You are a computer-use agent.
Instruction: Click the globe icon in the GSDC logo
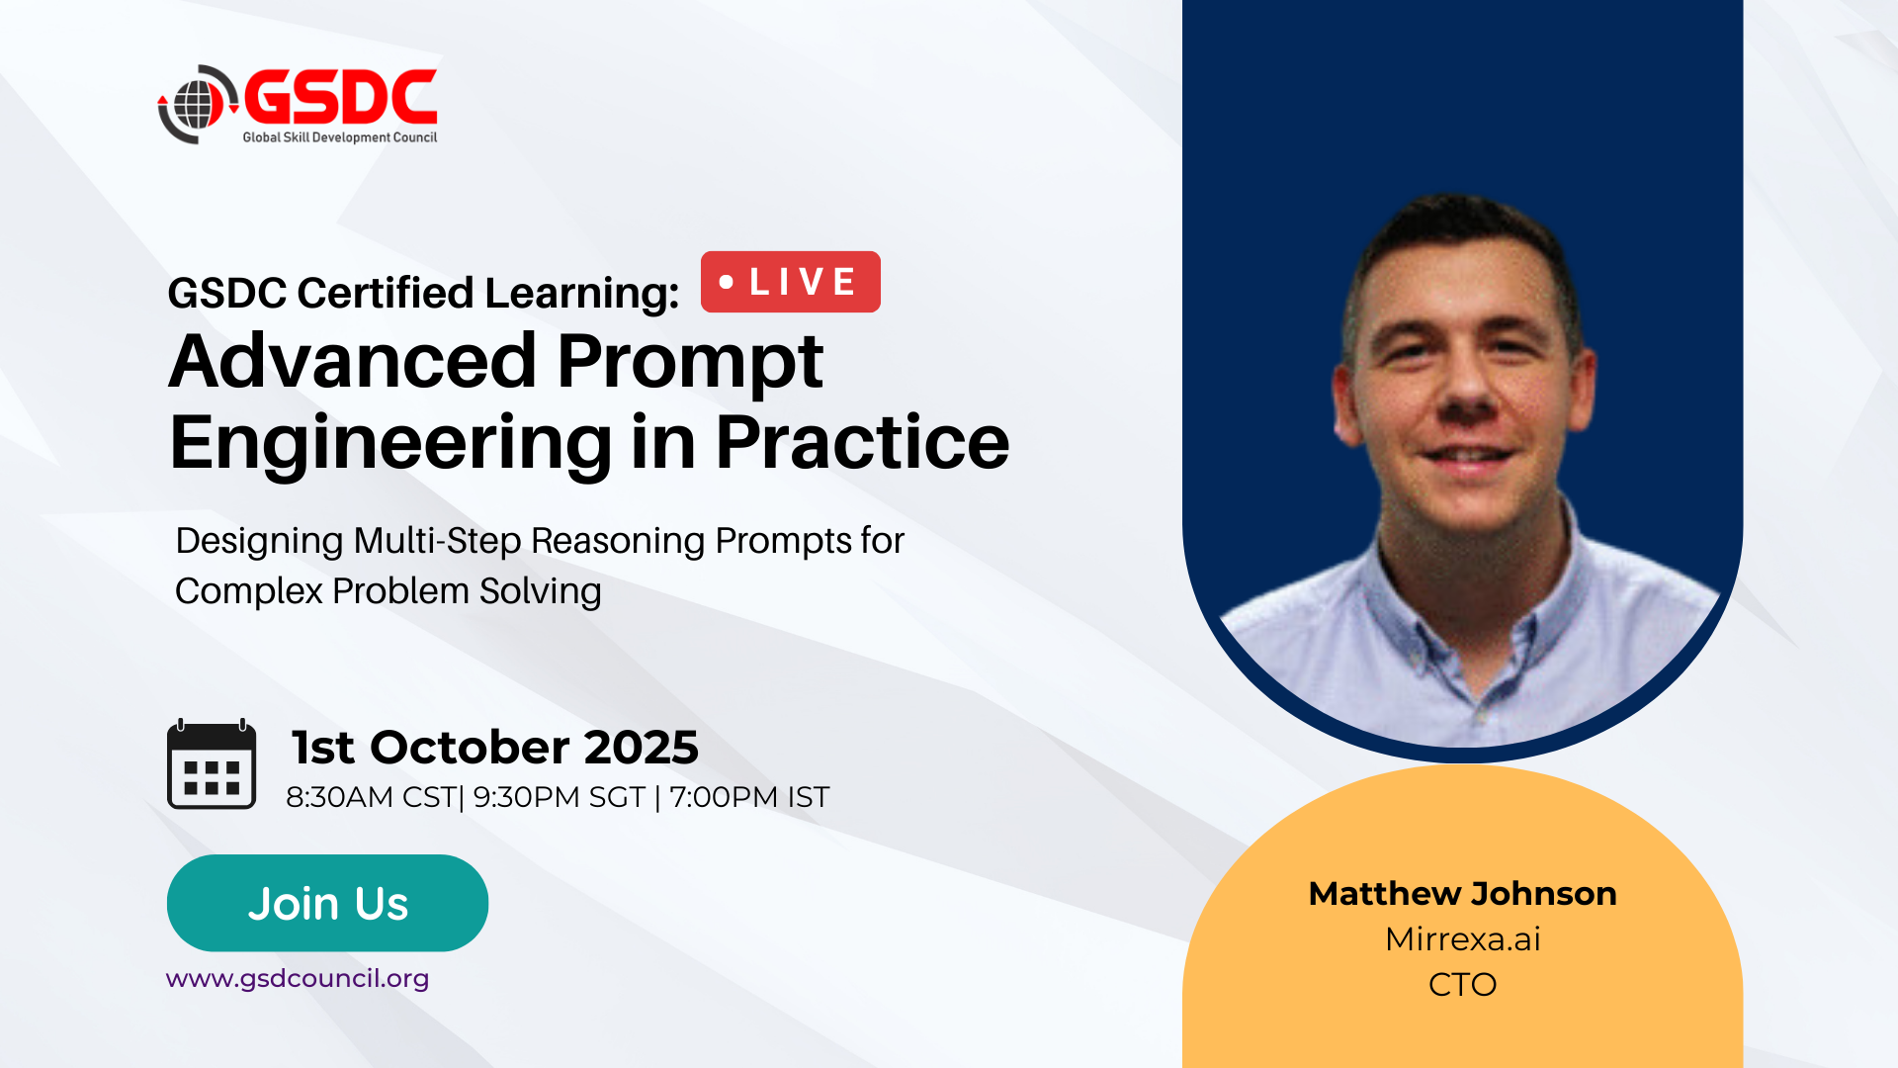click(199, 104)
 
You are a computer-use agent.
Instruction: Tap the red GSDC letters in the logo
click(340, 97)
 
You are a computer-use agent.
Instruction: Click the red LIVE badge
click(791, 282)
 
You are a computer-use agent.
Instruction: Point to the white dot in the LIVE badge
click(727, 282)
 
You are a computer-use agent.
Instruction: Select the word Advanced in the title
click(353, 361)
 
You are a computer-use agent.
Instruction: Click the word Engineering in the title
click(391, 444)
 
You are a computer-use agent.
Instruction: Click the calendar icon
click(212, 764)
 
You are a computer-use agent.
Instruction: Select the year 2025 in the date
click(642, 748)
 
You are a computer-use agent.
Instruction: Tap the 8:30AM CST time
click(371, 797)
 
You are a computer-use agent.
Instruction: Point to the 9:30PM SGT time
click(560, 797)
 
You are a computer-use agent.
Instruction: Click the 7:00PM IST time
click(749, 797)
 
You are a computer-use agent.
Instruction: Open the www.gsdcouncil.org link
click(298, 979)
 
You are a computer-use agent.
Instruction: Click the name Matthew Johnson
click(1463, 894)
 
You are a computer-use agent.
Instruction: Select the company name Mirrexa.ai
click(1463, 939)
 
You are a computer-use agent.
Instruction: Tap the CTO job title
click(1463, 985)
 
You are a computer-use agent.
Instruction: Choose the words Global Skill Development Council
click(340, 137)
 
